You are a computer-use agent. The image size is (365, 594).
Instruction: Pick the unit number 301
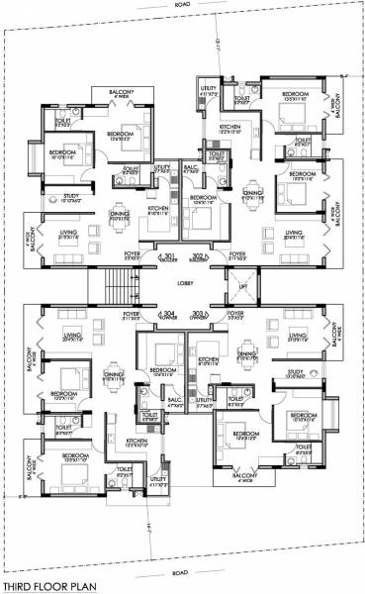pyautogui.click(x=169, y=256)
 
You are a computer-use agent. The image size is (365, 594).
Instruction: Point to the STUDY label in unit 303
pyautogui.click(x=293, y=371)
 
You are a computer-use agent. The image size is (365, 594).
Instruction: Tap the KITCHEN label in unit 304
pyautogui.click(x=137, y=441)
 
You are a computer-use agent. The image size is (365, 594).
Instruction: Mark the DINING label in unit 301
pyautogui.click(x=120, y=213)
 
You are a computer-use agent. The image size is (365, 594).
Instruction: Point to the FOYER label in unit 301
pyautogui.click(x=132, y=253)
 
